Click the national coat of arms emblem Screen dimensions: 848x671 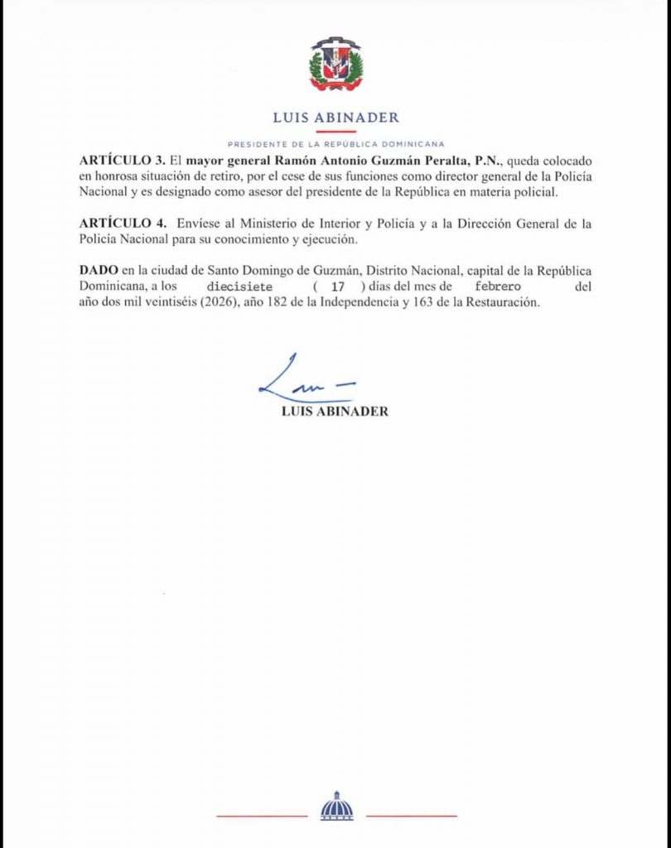[x=335, y=65]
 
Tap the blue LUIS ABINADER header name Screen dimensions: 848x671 [x=335, y=118]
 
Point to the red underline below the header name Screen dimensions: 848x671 [x=335, y=132]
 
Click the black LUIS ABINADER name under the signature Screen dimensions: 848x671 [x=335, y=412]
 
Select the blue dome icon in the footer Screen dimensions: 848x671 [x=336, y=807]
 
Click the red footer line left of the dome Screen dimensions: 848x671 [x=261, y=816]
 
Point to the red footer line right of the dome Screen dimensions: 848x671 [x=411, y=816]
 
